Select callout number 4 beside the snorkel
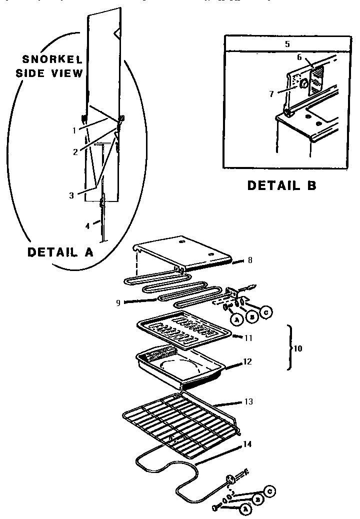(87, 225)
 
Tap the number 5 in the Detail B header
(287, 44)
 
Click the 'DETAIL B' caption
(282, 185)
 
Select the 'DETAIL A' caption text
(60, 252)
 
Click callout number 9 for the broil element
(118, 302)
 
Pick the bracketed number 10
(298, 348)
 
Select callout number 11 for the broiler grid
(248, 338)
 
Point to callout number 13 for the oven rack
(248, 401)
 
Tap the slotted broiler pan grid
(185, 328)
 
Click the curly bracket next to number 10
(289, 348)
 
